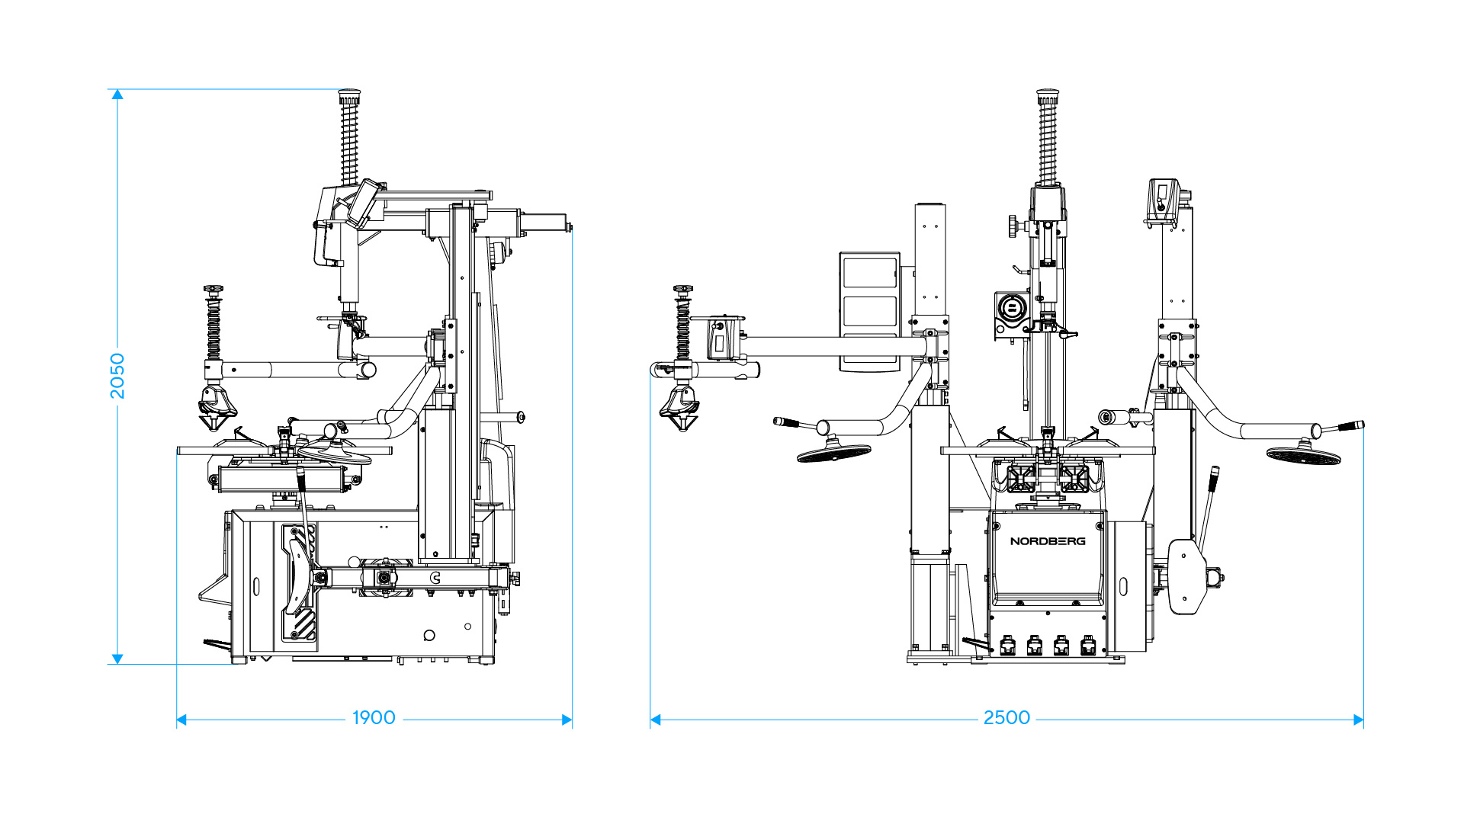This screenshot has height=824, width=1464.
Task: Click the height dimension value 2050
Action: tap(117, 376)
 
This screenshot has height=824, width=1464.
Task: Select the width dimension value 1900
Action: tap(374, 718)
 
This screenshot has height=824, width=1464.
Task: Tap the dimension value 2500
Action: tap(1006, 718)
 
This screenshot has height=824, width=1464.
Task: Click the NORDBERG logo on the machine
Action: tap(1048, 541)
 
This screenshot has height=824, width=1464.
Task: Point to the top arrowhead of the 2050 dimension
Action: tap(117, 95)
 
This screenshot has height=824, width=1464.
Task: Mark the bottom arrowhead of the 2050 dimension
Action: tap(117, 659)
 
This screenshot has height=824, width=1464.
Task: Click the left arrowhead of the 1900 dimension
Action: tap(181, 720)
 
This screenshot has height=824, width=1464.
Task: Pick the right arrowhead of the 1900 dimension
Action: tap(567, 720)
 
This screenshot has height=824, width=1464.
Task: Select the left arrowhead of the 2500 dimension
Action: tap(655, 720)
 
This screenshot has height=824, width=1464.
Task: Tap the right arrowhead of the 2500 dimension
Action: tap(1358, 720)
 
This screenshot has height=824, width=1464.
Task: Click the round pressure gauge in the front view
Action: tap(1011, 309)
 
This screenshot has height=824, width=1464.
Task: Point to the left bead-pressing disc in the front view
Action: tap(833, 454)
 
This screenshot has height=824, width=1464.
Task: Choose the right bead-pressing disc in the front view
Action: tap(1303, 455)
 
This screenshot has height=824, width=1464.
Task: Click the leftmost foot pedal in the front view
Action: tap(1007, 646)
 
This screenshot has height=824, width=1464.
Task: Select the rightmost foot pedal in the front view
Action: tap(1088, 646)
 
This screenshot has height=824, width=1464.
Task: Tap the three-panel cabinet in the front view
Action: tap(870, 312)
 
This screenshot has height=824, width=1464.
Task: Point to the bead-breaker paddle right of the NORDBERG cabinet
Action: tap(1186, 576)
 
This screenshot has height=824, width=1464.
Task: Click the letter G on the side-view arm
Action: tap(435, 578)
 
